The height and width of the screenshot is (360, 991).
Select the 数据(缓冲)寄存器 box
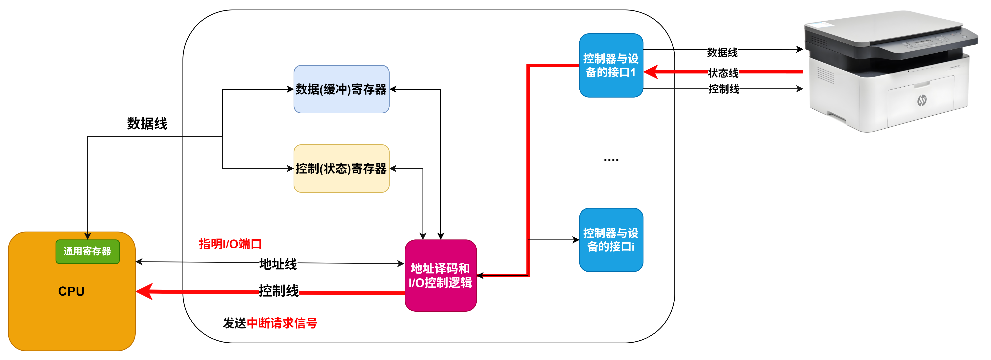pos(341,89)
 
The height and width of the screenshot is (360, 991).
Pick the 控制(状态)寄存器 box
pos(341,169)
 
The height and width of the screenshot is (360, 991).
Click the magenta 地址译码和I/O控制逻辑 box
pos(441,275)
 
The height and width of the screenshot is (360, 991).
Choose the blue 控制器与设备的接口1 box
pos(611,65)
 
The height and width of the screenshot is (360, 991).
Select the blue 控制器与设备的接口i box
pos(611,240)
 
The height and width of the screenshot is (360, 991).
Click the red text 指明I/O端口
pos(230,244)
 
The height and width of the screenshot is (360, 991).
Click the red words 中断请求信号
pos(282,323)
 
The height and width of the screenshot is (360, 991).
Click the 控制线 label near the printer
pos(724,89)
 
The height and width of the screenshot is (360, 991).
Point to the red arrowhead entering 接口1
pos(651,72)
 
